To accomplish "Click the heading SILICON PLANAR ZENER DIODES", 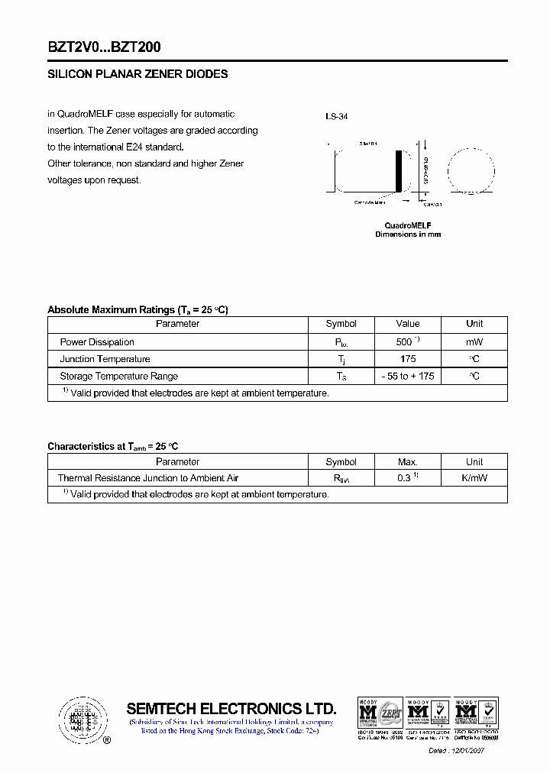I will [x=137, y=75].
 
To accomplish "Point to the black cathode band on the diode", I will [x=398, y=172].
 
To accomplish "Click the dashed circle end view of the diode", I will [x=471, y=172].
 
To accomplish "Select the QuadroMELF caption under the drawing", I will [x=408, y=225].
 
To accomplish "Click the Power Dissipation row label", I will [x=97, y=342].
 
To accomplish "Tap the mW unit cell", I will [x=474, y=342].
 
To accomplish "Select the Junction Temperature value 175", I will [x=408, y=359].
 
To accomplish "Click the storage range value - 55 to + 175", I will [x=408, y=376].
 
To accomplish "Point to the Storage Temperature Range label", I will [x=118, y=376].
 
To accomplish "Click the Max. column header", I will [x=408, y=462].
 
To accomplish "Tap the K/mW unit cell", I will [x=474, y=478].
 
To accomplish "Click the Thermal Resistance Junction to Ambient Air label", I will [x=148, y=478].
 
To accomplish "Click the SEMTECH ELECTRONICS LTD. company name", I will [x=231, y=708].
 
